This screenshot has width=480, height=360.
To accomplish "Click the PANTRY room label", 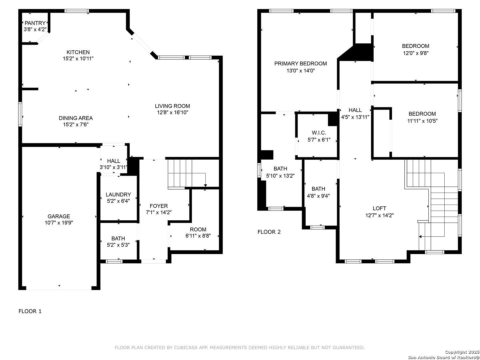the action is coord(35,23).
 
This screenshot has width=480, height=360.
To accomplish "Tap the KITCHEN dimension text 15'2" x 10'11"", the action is coord(78,59).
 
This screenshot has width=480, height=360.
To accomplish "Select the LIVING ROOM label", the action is coord(172,106).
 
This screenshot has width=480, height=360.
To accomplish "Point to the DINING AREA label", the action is coord(76,118).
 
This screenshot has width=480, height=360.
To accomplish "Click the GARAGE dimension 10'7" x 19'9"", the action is coord(59,223).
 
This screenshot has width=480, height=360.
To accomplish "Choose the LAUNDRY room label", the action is coord(118,195).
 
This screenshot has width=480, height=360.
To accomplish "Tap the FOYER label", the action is coord(159,206).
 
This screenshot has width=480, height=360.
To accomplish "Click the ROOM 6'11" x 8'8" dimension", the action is coord(198,236).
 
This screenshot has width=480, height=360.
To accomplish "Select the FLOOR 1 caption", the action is coord(30,311).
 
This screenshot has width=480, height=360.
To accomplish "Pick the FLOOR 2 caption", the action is coord(269,232).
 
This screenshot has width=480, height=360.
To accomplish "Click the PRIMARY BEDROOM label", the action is coord(300,64).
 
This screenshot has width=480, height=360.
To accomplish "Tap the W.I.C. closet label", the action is coord(319,133).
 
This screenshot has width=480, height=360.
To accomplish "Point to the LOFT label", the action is coord(379,208).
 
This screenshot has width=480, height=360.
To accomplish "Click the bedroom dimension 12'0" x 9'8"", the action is coord(416,53).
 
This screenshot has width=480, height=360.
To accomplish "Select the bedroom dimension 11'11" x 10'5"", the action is coord(422,121).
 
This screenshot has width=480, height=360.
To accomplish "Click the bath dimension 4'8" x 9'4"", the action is coord(318,196).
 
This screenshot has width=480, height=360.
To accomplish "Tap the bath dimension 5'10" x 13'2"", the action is coord(280,176).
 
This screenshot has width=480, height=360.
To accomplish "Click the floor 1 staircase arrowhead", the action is coord(205,186).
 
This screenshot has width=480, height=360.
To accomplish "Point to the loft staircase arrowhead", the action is coord(420,237).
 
